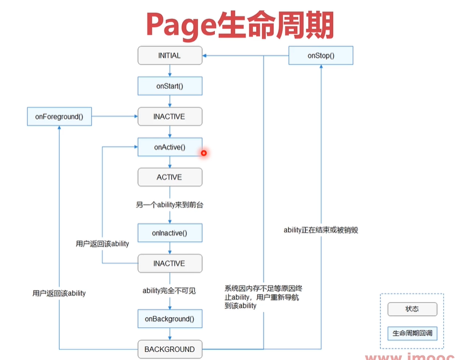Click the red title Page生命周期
pyautogui.click(x=239, y=24)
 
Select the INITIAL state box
pyautogui.click(x=170, y=56)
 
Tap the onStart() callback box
pyautogui.click(x=170, y=86)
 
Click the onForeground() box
pyautogui.click(x=59, y=117)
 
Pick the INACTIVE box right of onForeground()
pyautogui.click(x=170, y=117)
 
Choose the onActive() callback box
pyautogui.click(x=170, y=147)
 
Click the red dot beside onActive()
pyautogui.click(x=203, y=152)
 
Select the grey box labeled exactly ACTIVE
pyautogui.click(x=170, y=177)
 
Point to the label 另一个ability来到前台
pyautogui.click(x=170, y=205)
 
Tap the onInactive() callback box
pyautogui.click(x=170, y=233)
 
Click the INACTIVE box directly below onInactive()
pyautogui.click(x=170, y=264)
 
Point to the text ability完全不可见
pyautogui.click(x=170, y=291)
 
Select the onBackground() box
pyautogui.click(x=170, y=319)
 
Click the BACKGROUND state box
pyautogui.click(x=170, y=349)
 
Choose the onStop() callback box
pyautogui.click(x=321, y=56)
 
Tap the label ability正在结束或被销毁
pyautogui.click(x=321, y=230)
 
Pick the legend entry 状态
pyautogui.click(x=412, y=309)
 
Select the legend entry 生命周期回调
pyautogui.click(x=412, y=333)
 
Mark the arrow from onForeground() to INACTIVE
pyautogui.click(x=115, y=117)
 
